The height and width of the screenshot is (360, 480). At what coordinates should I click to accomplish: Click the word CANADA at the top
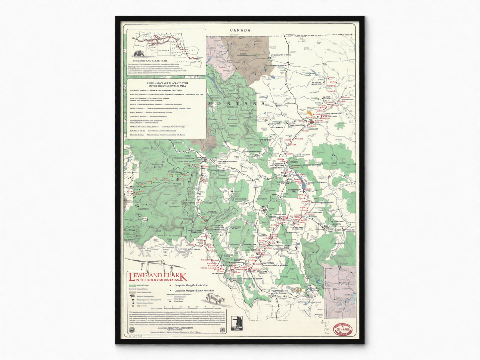(240, 30)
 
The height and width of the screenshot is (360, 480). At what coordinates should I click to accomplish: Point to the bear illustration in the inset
(138, 53)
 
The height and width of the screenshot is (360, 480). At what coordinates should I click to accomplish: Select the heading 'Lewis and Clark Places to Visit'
(166, 84)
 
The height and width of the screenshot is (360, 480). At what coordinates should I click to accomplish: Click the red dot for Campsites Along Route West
(170, 285)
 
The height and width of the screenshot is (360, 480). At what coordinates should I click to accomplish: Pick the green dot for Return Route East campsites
(170, 290)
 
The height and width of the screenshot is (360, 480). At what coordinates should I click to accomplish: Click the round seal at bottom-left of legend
(130, 329)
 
